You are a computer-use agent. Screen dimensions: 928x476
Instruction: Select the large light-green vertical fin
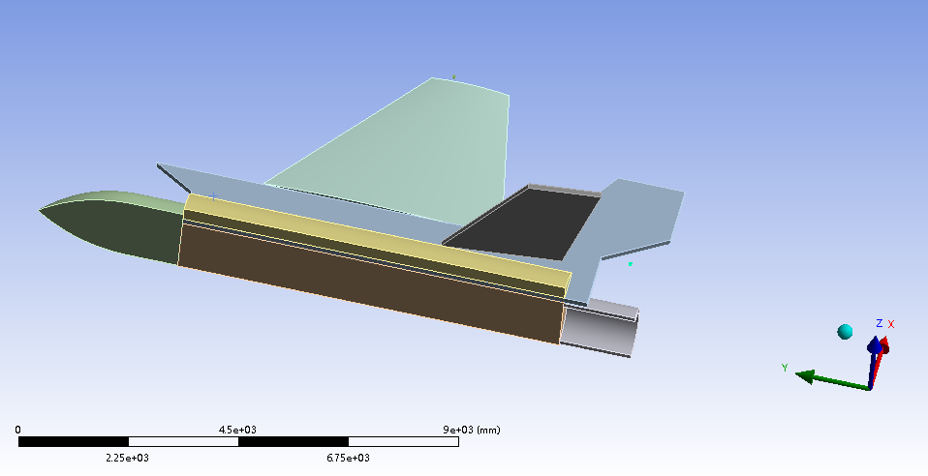tap(415, 154)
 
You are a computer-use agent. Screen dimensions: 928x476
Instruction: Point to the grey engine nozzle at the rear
tap(598, 327)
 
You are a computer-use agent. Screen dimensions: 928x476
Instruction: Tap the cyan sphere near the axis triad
tap(845, 332)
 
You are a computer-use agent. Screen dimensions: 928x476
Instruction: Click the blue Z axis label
tap(879, 323)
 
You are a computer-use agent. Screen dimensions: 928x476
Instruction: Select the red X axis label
tap(891, 325)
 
